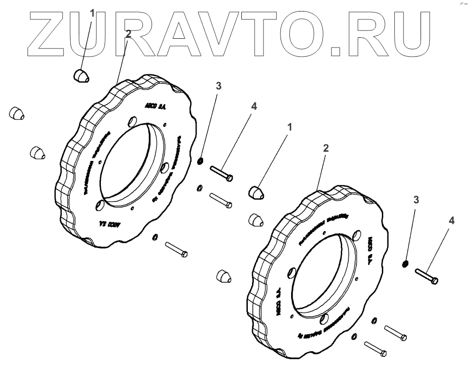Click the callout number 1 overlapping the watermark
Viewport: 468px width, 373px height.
tap(92, 13)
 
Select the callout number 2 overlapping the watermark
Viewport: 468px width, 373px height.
tap(128, 34)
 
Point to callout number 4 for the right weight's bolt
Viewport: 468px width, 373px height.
tap(451, 221)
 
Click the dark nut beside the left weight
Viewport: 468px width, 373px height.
tap(200, 161)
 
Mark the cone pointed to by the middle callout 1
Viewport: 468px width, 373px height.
tap(257, 192)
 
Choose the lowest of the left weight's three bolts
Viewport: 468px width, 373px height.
tap(175, 249)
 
